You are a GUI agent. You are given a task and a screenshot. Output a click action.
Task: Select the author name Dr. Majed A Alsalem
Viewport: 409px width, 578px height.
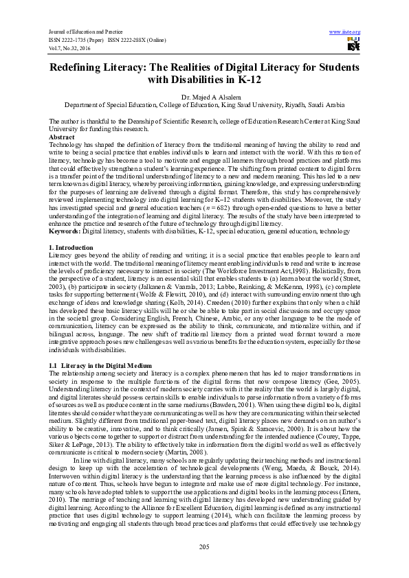click(204, 97)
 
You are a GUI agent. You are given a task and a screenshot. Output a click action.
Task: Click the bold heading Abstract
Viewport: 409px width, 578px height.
click(63, 137)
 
